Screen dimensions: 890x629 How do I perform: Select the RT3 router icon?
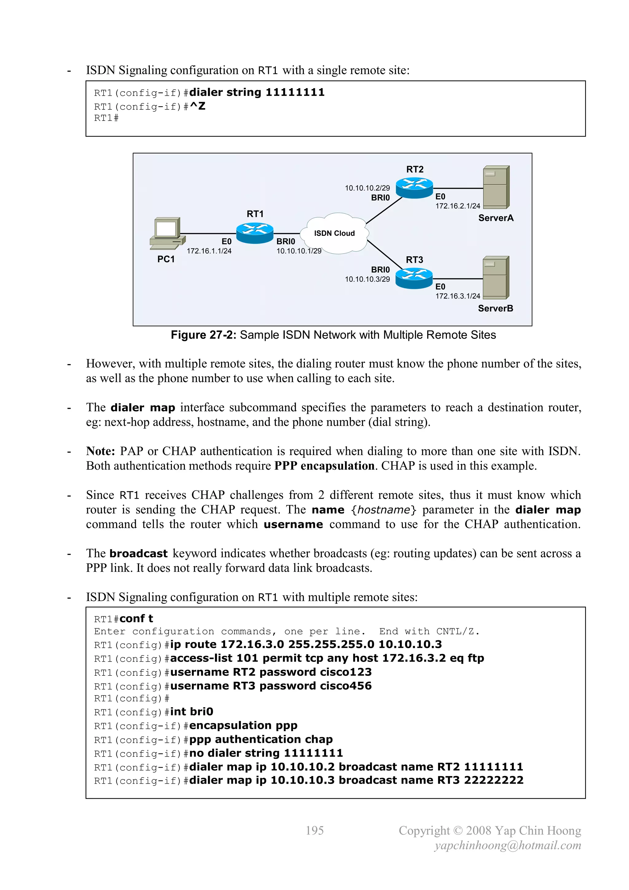click(x=414, y=278)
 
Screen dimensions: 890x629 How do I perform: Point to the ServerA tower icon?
click(x=496, y=187)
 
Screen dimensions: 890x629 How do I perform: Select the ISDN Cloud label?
click(x=334, y=233)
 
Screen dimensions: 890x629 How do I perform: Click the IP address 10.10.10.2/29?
click(x=367, y=188)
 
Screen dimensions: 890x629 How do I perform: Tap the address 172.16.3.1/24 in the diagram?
click(x=457, y=296)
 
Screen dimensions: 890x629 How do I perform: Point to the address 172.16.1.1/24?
click(x=209, y=251)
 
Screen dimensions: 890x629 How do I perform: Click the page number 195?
click(x=314, y=830)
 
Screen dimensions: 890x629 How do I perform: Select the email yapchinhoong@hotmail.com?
click(x=507, y=845)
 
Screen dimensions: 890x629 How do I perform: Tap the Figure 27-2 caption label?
click(x=203, y=335)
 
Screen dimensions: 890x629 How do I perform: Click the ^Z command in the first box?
click(x=197, y=106)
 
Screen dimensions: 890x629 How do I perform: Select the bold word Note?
click(x=100, y=451)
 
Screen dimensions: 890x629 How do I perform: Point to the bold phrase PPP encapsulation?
click(x=324, y=465)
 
